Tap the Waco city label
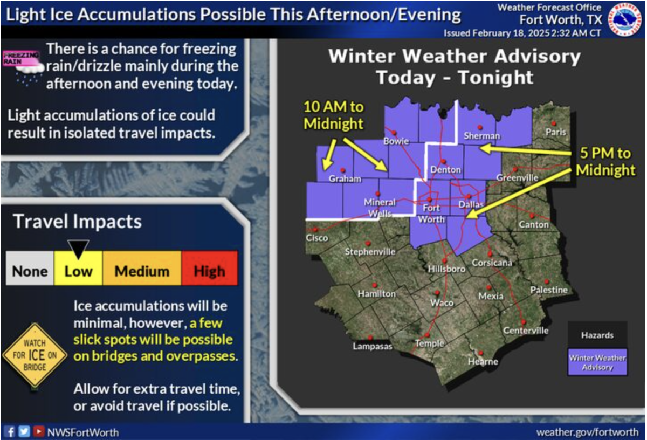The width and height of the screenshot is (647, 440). coord(442,302)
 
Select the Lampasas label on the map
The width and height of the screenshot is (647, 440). coord(373,346)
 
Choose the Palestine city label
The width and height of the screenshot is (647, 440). coord(549,290)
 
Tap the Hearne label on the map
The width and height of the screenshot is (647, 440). coord(483,361)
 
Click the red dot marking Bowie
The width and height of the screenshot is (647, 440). coord(394,133)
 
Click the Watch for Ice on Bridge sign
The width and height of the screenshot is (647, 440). coord(35,355)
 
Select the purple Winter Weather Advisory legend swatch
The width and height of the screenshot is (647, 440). coord(597,362)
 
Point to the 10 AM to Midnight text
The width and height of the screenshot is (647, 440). coord(334,115)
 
